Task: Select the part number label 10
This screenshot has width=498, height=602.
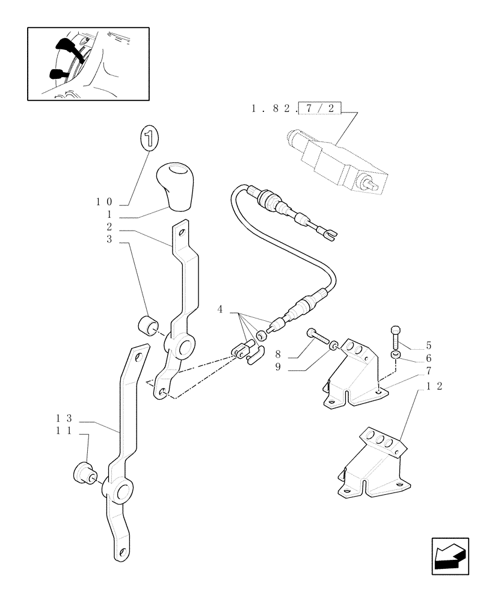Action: click(x=105, y=203)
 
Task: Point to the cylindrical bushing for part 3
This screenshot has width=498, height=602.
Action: click(x=147, y=325)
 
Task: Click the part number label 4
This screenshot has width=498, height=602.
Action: click(x=220, y=309)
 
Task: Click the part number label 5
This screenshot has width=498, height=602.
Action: click(x=428, y=346)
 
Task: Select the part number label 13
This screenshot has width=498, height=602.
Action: click(x=64, y=418)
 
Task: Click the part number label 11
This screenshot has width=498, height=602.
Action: click(x=64, y=431)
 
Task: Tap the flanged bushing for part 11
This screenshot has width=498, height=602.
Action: click(x=83, y=473)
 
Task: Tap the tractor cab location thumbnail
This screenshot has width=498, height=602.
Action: click(x=88, y=63)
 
